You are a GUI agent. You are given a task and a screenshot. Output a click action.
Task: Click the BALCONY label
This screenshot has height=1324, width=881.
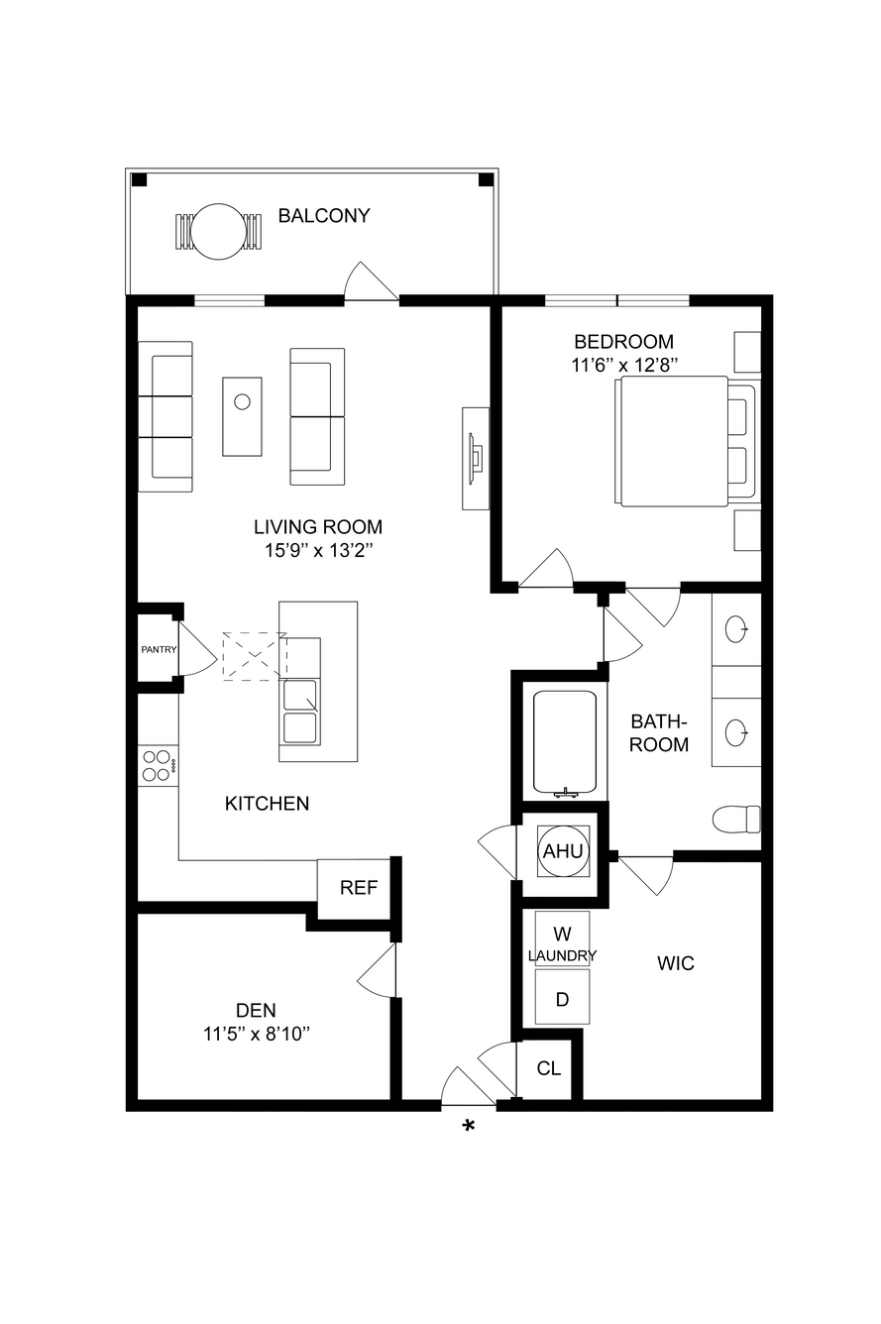click(x=324, y=216)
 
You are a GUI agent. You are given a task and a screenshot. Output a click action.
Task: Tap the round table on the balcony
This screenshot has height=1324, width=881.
click(x=219, y=231)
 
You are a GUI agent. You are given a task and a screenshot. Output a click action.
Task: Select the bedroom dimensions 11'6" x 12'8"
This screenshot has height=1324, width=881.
click(x=623, y=366)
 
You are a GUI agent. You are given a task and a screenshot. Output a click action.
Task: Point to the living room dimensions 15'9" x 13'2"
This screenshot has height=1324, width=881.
click(x=318, y=551)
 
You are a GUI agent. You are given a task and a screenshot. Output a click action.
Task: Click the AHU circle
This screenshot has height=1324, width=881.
click(x=563, y=851)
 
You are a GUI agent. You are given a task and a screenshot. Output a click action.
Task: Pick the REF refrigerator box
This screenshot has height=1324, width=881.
click(x=358, y=888)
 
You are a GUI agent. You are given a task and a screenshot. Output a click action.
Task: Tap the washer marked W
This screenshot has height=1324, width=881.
click(x=562, y=934)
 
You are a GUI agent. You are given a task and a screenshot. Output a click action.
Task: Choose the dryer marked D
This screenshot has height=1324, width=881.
click(x=562, y=1000)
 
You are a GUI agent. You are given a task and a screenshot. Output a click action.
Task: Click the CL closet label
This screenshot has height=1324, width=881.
click(x=548, y=1068)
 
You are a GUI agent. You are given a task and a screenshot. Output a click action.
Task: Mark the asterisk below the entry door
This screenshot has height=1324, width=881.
click(x=468, y=1127)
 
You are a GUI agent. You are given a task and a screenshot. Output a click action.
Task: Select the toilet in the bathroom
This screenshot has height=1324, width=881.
click(x=736, y=820)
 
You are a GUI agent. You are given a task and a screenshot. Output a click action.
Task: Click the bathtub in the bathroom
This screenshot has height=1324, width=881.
click(x=565, y=743)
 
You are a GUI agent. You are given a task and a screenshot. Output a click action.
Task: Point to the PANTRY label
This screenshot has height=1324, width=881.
click(x=159, y=649)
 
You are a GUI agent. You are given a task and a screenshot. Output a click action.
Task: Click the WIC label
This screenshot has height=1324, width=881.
click(x=676, y=964)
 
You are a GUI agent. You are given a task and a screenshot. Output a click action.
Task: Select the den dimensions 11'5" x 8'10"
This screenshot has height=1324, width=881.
click(x=257, y=1035)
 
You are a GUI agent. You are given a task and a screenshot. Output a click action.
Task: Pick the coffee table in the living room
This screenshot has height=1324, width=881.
click(x=242, y=416)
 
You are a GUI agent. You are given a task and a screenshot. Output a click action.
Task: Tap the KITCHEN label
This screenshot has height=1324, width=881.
click(x=268, y=804)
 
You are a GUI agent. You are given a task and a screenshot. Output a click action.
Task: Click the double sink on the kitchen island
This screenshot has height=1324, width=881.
click(x=301, y=713)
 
